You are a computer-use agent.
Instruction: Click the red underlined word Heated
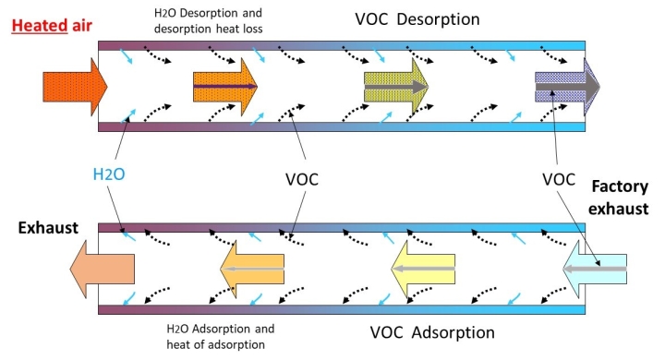40,26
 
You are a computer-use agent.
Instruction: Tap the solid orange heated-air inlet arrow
75,87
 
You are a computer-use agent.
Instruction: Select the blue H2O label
109,174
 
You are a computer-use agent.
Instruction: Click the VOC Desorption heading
417,19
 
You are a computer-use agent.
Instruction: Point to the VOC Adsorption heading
432,332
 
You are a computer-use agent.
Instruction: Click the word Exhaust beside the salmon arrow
48,228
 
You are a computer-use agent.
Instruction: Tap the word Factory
620,186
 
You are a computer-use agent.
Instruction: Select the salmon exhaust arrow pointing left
103,269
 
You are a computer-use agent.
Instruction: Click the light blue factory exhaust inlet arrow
595,269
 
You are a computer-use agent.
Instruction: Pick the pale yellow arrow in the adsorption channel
423,269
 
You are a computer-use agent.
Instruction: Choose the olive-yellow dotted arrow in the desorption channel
396,87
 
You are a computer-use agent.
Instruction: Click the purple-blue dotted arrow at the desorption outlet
567,87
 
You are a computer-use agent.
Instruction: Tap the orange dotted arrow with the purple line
225,87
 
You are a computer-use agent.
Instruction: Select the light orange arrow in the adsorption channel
252,269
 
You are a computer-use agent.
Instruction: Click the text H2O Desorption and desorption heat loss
208,21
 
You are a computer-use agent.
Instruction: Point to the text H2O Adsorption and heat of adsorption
221,337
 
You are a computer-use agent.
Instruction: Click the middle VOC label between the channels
302,179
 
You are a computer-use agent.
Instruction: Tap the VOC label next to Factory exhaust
559,179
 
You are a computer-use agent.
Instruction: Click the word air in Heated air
82,26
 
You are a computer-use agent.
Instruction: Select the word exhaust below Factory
618,209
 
